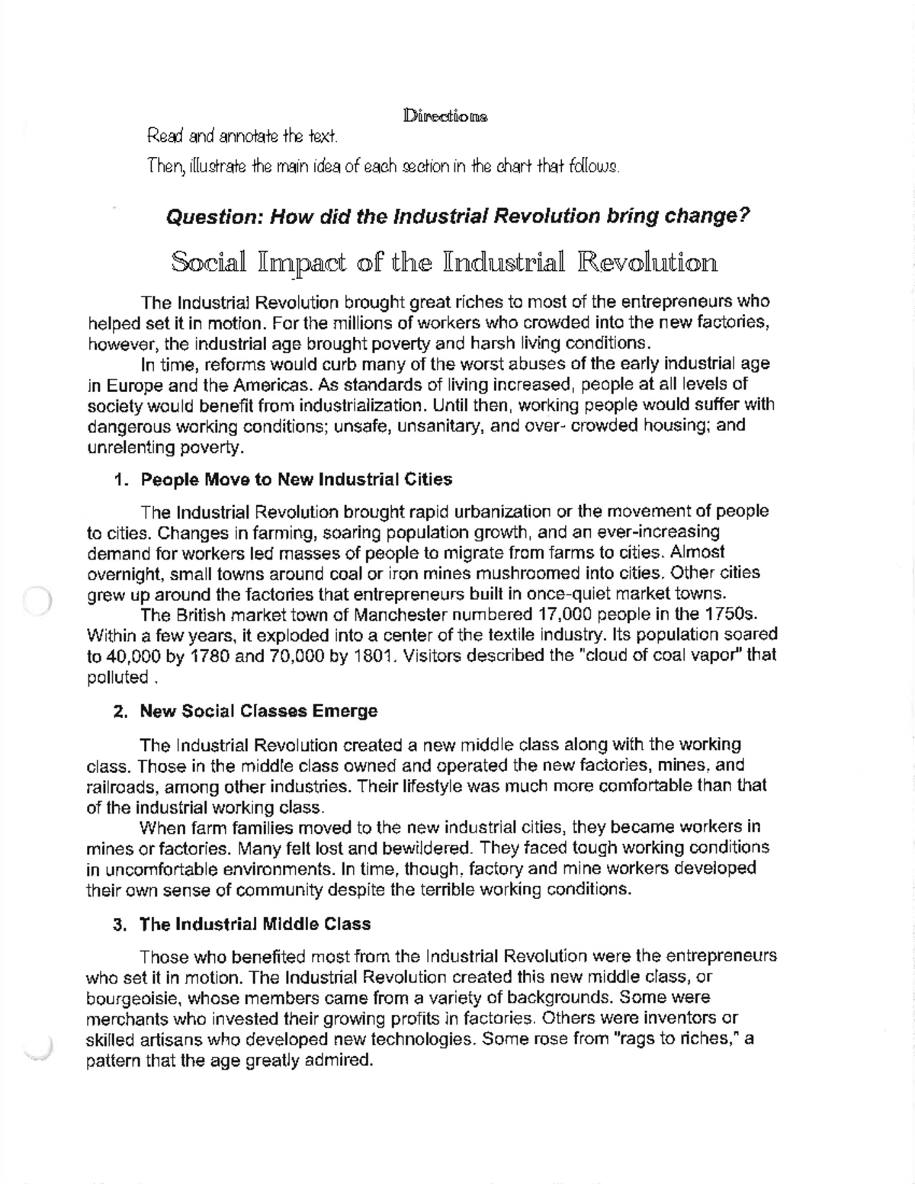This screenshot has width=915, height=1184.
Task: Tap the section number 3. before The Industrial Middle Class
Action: tap(120, 925)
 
